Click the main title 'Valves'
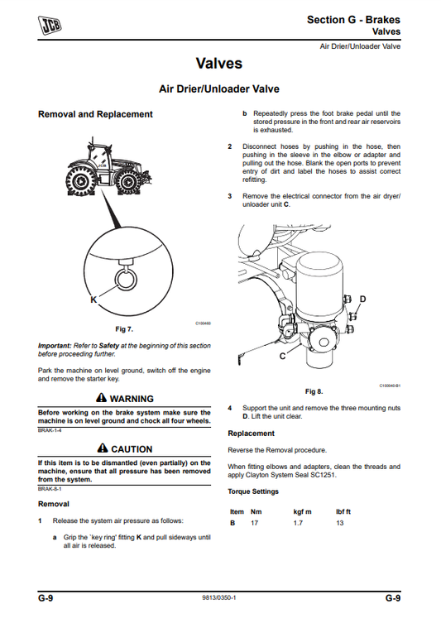point(219,63)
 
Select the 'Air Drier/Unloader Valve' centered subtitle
point(219,89)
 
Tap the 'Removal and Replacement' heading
point(95,114)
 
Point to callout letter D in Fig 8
point(362,299)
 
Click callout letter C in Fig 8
point(284,355)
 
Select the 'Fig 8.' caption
point(314,391)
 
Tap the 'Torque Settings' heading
point(253,491)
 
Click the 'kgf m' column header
point(303,511)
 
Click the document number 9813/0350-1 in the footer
point(219,597)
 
